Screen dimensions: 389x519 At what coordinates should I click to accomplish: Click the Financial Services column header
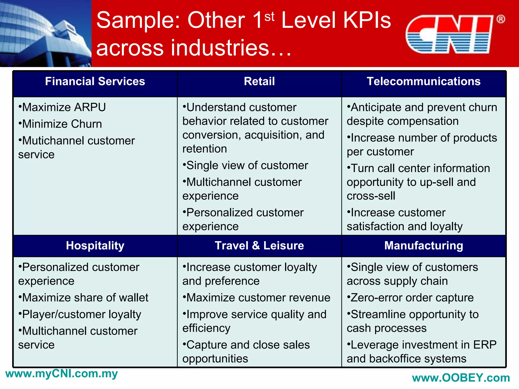pos(95,82)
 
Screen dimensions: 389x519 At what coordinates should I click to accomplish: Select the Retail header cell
pos(259,82)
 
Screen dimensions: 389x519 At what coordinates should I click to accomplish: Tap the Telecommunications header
pos(423,82)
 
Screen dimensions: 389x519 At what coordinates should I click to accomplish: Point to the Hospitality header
pos(95,246)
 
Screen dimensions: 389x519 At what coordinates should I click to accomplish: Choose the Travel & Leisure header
pos(259,246)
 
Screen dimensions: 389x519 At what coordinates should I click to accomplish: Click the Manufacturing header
pos(423,246)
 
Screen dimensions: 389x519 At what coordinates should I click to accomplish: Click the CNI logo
pos(449,34)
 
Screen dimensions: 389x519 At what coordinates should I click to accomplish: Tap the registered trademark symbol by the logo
pos(501,19)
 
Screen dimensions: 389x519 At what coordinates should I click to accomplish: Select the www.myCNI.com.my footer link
pos(62,374)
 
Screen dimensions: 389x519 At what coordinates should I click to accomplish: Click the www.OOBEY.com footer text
pos(461,378)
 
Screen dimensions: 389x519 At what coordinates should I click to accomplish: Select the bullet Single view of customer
pos(245,166)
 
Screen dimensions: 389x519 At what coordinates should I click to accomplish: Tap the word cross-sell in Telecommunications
pos(371,196)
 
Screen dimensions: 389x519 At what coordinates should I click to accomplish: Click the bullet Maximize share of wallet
pos(84,298)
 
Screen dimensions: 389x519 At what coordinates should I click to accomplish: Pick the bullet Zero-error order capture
pos(410,298)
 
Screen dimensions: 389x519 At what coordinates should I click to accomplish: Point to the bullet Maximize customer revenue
pos(256,298)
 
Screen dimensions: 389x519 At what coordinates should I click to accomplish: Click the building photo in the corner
pos(46,33)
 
